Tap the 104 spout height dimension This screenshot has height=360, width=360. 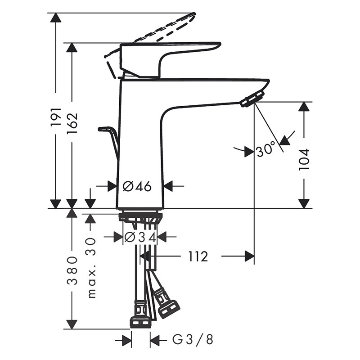(304, 159)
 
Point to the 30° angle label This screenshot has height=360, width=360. (266, 149)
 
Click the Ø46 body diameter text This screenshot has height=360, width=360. (137, 186)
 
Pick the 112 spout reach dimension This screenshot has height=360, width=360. (198, 256)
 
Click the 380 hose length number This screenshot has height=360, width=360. (72, 271)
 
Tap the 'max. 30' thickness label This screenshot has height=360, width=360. (91, 267)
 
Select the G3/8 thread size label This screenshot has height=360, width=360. (193, 339)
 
